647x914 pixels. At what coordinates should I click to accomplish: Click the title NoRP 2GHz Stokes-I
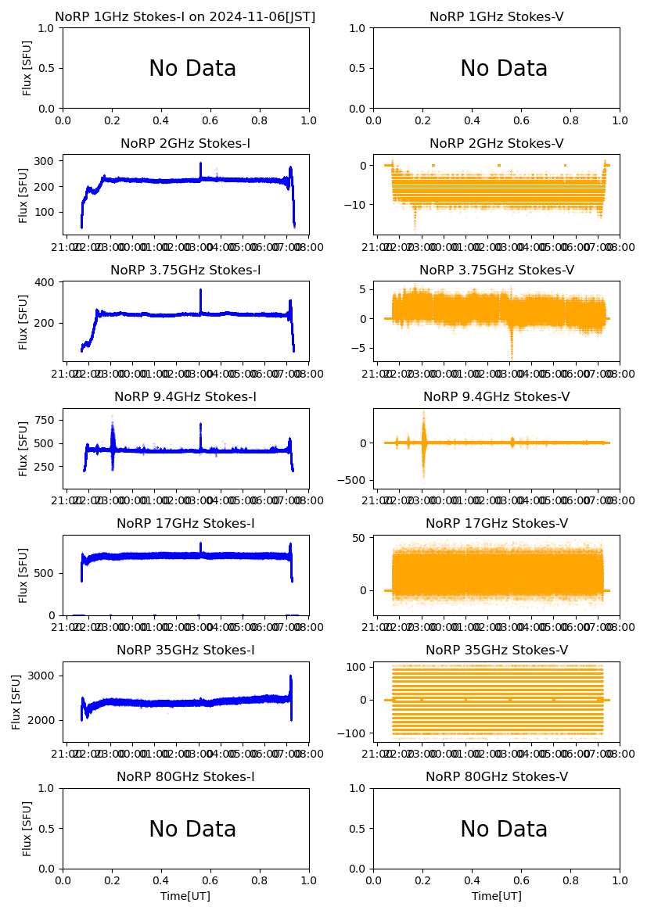tap(185, 144)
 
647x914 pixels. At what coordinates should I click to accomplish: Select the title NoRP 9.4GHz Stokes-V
tap(496, 397)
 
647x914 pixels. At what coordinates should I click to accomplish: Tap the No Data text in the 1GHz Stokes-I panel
tap(192, 69)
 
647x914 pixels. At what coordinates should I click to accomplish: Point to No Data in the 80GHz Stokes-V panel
tap(503, 830)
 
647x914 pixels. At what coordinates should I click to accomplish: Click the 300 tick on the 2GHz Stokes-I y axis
tap(45, 161)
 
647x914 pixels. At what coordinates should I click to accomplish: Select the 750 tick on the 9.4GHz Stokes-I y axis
tap(45, 420)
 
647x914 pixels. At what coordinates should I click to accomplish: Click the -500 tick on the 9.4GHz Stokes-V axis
tap(354, 480)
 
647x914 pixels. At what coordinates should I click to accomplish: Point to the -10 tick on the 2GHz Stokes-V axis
tap(359, 205)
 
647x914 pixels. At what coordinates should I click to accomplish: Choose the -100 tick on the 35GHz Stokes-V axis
tap(354, 733)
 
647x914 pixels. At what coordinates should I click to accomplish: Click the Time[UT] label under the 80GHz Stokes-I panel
tap(185, 896)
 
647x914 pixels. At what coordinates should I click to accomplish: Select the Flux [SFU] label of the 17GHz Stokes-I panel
tap(24, 575)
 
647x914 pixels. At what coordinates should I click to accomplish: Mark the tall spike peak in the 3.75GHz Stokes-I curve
tap(200, 290)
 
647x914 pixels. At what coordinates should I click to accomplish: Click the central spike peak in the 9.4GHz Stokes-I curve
tap(200, 425)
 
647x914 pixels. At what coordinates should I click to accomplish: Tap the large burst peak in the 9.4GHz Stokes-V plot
tap(424, 412)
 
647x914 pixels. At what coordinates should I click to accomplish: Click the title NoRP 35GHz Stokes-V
tap(496, 651)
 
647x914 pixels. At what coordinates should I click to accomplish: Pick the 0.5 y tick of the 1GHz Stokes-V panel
tap(359, 68)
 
